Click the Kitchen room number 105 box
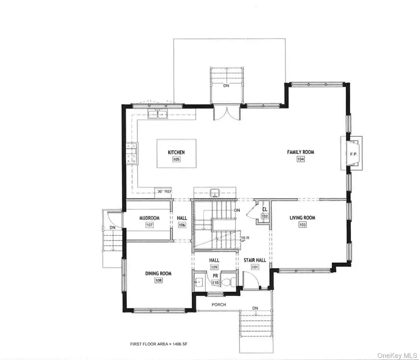(x=176, y=159)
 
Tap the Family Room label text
(x=300, y=152)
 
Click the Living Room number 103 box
(x=303, y=224)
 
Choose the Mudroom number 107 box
(x=149, y=225)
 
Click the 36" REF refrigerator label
(x=165, y=191)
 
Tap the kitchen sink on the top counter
(x=157, y=114)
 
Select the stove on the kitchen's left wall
(x=131, y=153)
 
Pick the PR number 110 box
(x=215, y=282)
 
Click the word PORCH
(x=218, y=305)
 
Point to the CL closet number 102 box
(x=264, y=216)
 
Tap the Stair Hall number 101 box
(x=255, y=267)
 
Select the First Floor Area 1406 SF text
(x=155, y=344)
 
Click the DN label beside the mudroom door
(x=112, y=227)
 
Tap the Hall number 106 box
(x=182, y=225)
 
